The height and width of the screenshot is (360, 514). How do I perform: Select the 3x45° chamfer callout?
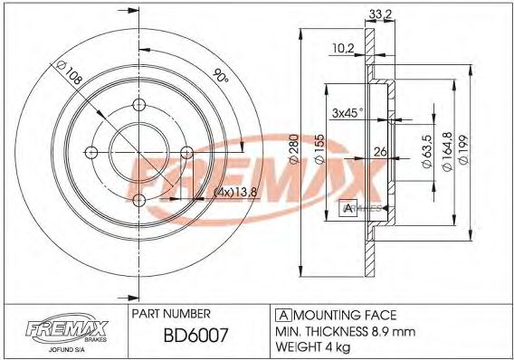[x=346, y=112]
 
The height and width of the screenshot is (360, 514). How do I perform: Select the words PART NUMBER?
[x=171, y=312]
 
